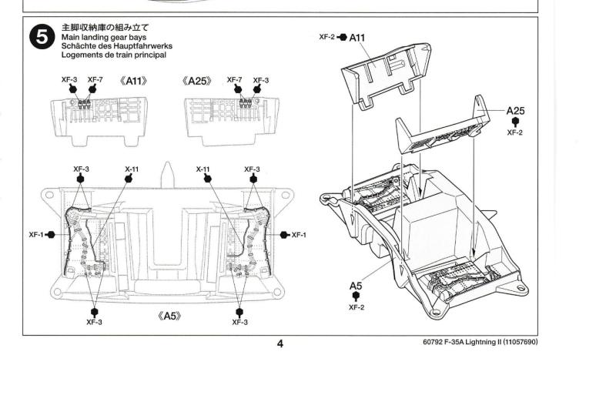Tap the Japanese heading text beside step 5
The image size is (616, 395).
click(x=105, y=28)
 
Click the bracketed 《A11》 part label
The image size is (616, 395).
click(x=133, y=81)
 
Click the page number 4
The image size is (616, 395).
click(x=280, y=343)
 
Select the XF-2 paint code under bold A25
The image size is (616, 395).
click(x=515, y=132)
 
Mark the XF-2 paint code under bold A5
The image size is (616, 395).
click(x=356, y=307)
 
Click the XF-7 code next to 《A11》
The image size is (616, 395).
click(x=95, y=80)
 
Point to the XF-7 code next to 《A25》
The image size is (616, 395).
click(x=235, y=80)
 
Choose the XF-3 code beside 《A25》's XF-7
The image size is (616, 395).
click(x=261, y=80)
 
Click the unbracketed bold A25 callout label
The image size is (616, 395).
click(x=515, y=111)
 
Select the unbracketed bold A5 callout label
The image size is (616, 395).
click(x=356, y=286)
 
